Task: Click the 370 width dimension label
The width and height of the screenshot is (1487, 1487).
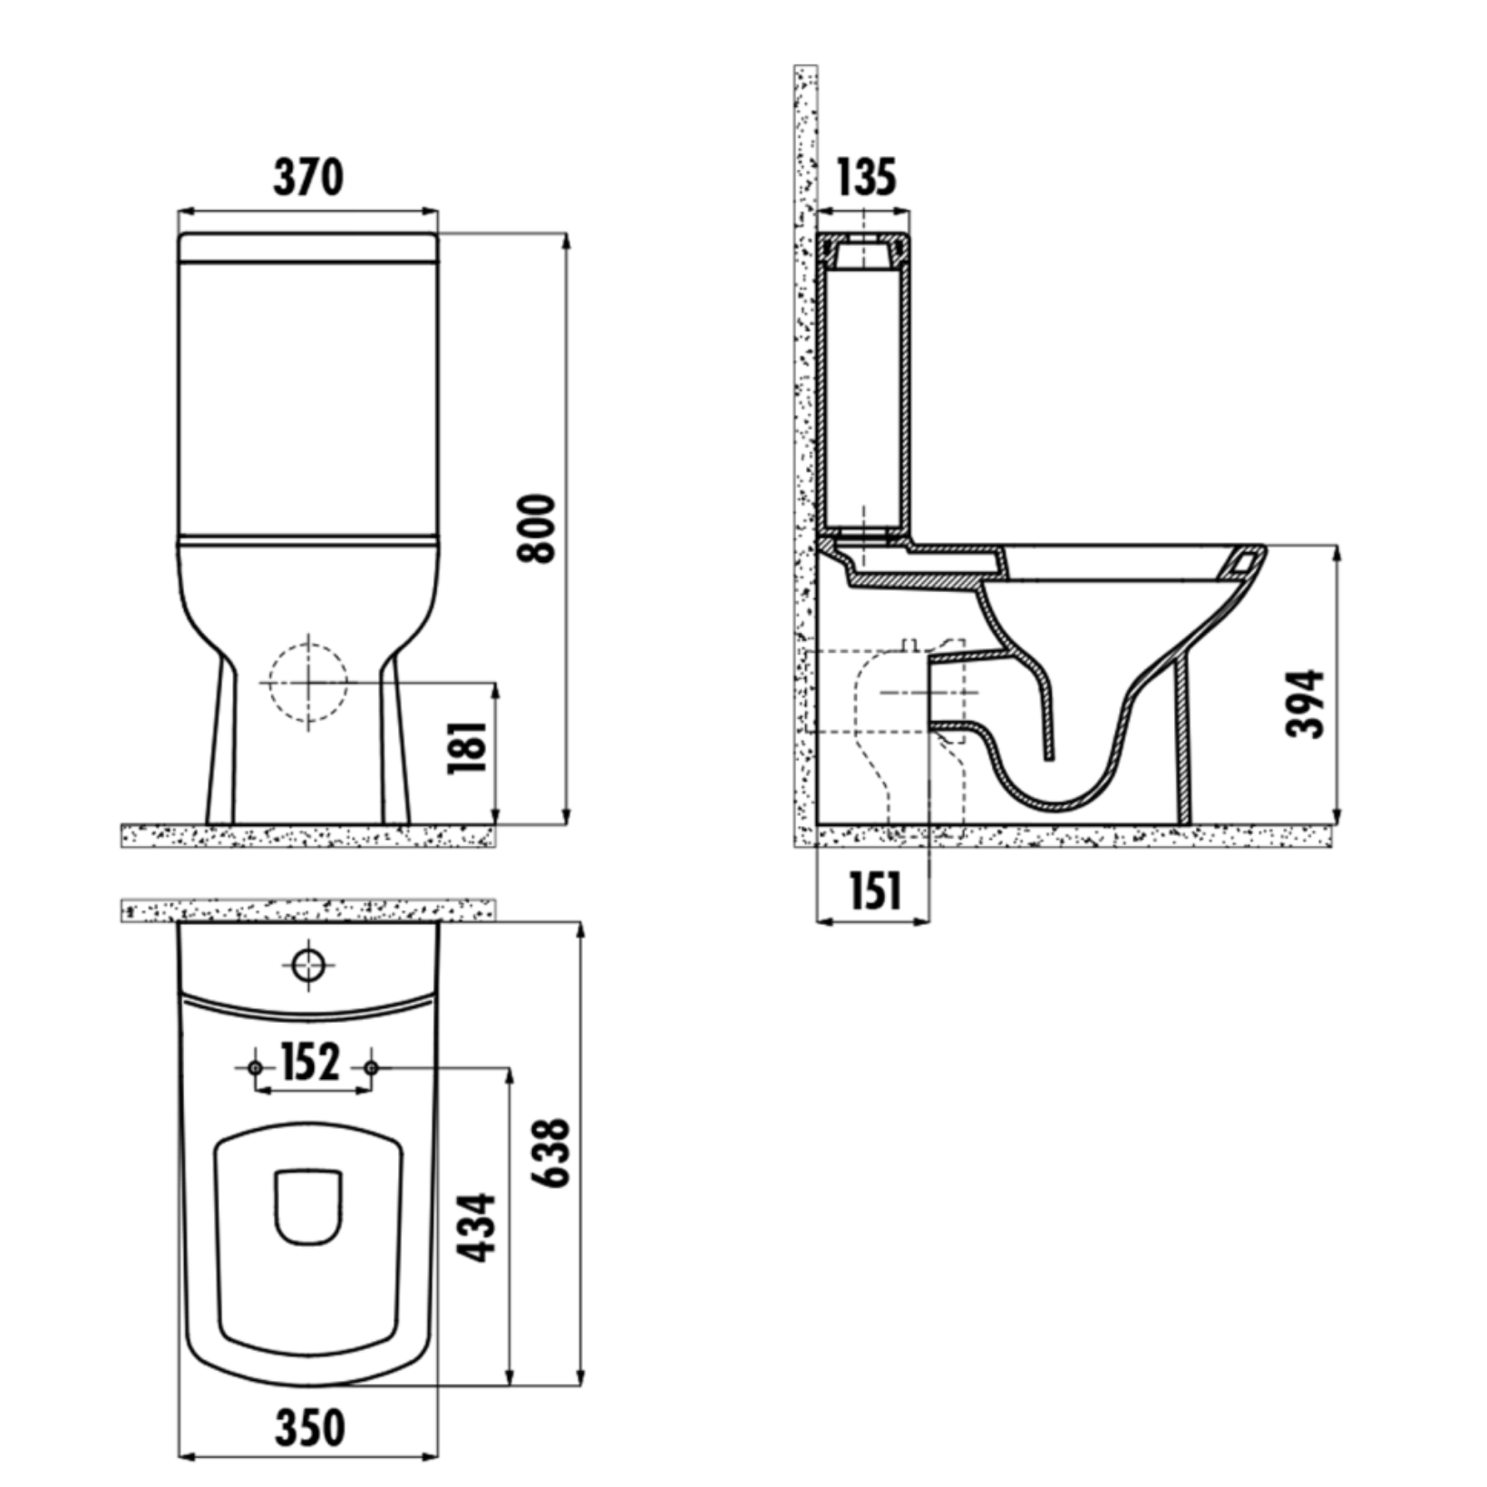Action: click(x=308, y=178)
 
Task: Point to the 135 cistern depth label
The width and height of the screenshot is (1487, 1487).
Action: click(x=865, y=178)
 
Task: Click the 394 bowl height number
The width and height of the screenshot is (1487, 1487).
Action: click(x=1307, y=704)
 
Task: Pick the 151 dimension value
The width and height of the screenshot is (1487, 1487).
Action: click(x=875, y=891)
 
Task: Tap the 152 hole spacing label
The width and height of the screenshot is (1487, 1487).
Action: click(x=310, y=1063)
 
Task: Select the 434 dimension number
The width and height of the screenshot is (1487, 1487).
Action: click(x=476, y=1228)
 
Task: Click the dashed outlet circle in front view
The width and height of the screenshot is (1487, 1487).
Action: click(x=308, y=682)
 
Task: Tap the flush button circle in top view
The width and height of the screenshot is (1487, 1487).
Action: click(x=308, y=965)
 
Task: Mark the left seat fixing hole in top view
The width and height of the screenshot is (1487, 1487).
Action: click(x=255, y=1068)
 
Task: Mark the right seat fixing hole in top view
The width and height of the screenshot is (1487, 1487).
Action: click(x=370, y=1068)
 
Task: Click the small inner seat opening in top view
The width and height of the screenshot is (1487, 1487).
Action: click(x=308, y=1207)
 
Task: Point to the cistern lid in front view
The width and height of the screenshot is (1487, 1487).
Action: click(x=308, y=248)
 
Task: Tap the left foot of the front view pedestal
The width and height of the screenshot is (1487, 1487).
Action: click(x=220, y=816)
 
